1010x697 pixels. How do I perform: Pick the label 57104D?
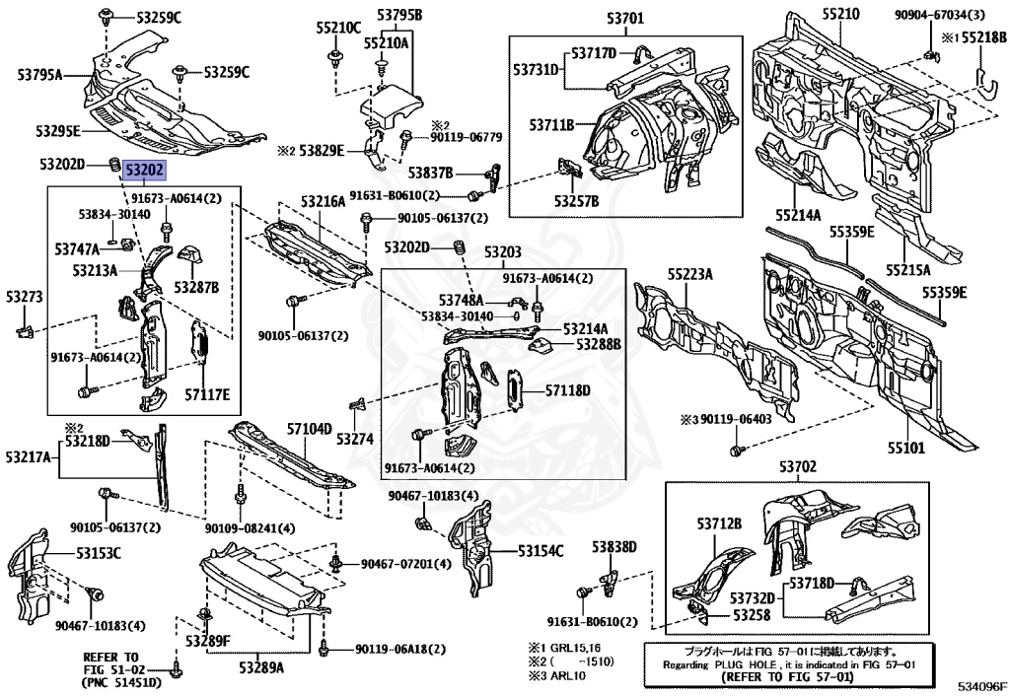[309, 430]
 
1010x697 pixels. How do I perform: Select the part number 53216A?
[324, 202]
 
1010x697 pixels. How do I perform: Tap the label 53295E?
[58, 131]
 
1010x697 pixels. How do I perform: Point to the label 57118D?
[567, 391]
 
